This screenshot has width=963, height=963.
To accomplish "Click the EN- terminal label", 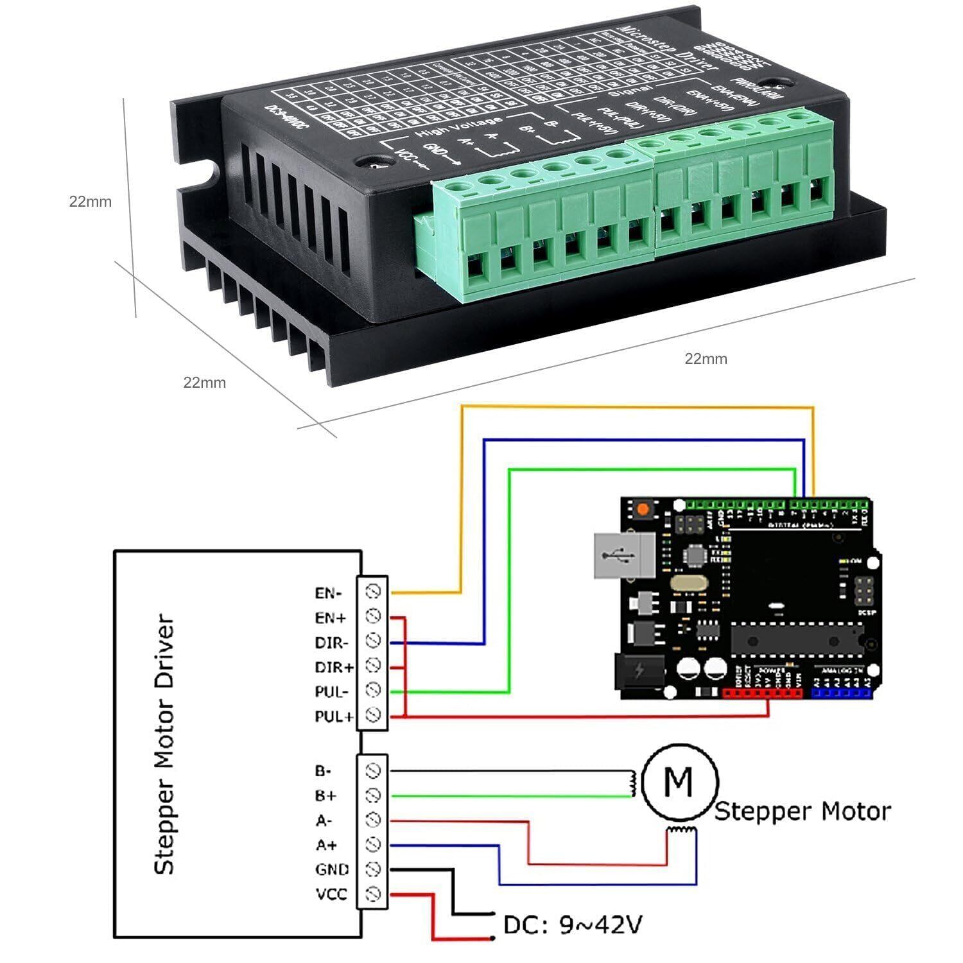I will (328, 593).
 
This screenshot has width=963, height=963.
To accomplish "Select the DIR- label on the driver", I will (331, 643).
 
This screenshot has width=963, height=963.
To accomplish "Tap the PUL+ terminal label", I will (334, 716).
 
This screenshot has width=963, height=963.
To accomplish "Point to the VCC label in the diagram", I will (331, 894).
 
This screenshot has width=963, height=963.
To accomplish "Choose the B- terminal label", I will (324, 770).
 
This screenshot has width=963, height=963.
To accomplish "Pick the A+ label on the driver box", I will (326, 845).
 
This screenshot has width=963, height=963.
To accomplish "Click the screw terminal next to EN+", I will (373, 616).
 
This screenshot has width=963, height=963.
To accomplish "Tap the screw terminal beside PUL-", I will (373, 690).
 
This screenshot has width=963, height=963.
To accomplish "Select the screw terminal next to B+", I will (373, 795).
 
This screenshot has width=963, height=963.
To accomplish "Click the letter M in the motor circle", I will (679, 781).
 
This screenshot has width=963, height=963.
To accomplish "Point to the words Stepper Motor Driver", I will (164, 745).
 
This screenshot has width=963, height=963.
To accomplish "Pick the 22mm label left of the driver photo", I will (91, 202).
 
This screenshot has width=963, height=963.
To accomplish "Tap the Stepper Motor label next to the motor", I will (802, 811).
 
